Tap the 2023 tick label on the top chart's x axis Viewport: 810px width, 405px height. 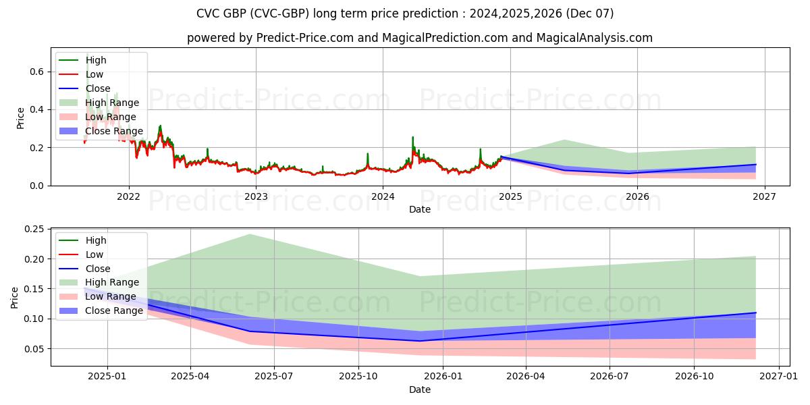click(256, 197)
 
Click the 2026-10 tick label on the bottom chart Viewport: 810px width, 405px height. click(695, 377)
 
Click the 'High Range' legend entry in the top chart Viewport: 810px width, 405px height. click(112, 103)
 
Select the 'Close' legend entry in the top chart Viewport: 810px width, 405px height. click(98, 88)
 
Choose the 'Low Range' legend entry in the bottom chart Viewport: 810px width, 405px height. click(111, 296)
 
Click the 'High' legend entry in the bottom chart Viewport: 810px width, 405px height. click(96, 240)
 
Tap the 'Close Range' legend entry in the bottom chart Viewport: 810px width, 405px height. click(114, 310)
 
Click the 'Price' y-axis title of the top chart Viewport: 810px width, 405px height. click(20, 117)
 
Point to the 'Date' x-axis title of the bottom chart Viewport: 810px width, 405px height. click(420, 390)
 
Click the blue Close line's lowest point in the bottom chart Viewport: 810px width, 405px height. click(419, 341)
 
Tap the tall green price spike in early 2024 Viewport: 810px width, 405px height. click(413, 138)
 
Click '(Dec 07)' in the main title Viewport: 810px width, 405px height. click(590, 13)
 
